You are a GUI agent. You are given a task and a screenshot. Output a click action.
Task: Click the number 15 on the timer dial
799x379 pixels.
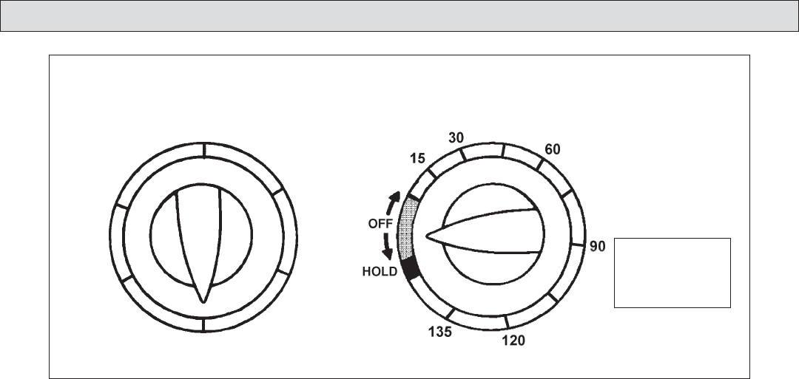point(417,159)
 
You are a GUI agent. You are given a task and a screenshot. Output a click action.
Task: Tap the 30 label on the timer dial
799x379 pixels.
point(456,138)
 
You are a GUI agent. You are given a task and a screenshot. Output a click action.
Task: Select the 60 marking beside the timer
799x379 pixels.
point(553,149)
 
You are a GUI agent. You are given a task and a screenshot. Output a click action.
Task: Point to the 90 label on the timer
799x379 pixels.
point(597,246)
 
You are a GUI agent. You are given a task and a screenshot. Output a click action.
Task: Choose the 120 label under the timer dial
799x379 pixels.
point(513,341)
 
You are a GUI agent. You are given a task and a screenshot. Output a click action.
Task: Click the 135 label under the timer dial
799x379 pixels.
point(439,332)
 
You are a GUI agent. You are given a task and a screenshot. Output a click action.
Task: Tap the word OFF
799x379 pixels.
point(380,224)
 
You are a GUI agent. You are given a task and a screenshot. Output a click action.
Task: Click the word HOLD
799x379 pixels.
point(380,272)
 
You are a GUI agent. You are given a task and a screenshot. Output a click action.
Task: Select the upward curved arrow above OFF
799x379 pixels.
point(392,202)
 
